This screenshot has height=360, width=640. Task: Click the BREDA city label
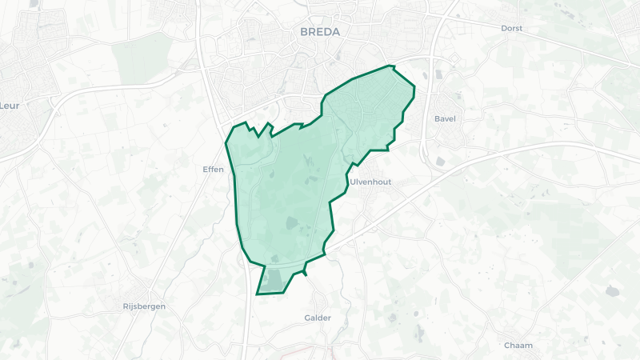click(319, 32)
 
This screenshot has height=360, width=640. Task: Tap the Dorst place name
click(511, 28)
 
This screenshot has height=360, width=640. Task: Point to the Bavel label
click(445, 119)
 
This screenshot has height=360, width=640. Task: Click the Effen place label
click(214, 170)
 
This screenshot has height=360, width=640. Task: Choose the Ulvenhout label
click(370, 182)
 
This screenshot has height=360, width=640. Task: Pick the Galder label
click(318, 318)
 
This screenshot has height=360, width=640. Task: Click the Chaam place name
click(518, 346)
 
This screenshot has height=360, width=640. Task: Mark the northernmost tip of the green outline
click(391, 66)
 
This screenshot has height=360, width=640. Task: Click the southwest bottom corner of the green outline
click(256, 294)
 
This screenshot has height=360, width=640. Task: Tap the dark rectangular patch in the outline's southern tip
click(274, 281)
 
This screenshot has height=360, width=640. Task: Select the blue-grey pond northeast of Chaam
click(613, 291)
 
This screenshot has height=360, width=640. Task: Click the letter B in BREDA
click(303, 32)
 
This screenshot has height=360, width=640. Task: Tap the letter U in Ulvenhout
click(352, 182)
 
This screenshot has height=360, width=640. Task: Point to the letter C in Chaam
click(507, 346)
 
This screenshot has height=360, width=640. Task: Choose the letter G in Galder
click(307, 318)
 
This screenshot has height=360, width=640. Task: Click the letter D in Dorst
click(503, 28)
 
